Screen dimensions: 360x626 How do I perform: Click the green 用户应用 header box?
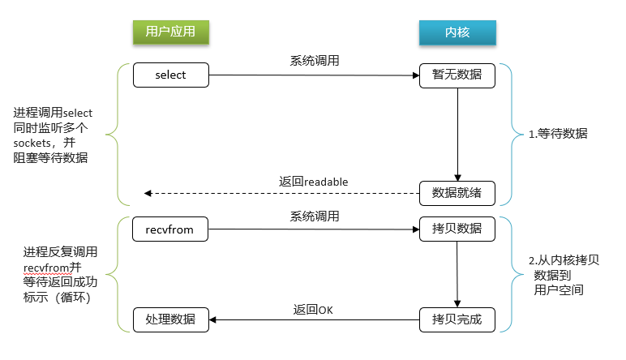click(169, 32)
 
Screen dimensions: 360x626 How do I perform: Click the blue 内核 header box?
click(457, 32)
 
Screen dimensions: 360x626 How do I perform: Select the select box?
click(170, 75)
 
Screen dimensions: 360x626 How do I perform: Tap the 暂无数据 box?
click(457, 75)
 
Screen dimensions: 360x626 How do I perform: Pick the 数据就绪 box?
click(457, 193)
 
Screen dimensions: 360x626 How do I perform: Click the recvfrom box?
click(170, 229)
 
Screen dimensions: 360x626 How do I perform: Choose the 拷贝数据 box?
click(457, 229)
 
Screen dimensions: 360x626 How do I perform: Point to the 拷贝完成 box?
click(457, 319)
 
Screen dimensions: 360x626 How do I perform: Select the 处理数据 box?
click(170, 319)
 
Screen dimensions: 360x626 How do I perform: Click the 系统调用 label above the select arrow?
click(314, 61)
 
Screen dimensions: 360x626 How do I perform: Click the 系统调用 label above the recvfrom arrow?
click(314, 216)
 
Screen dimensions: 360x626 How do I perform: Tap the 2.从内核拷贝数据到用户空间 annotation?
click(560, 275)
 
